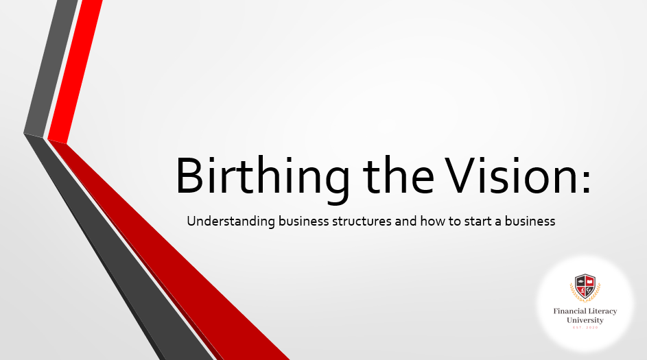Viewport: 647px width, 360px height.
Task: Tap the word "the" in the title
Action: pos(398,176)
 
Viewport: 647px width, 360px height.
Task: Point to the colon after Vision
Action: pos(587,182)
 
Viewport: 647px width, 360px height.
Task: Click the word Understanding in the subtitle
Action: pos(231,221)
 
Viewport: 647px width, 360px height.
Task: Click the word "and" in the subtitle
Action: pos(405,221)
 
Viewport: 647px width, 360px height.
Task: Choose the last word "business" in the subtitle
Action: pos(530,221)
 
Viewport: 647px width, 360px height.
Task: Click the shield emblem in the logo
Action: pos(585,287)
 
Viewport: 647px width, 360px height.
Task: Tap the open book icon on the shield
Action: pos(589,281)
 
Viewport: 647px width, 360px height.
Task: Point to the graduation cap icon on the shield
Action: pos(580,281)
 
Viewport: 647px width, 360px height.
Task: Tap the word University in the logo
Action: pos(585,320)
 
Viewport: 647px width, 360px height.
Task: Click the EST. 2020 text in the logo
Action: pos(585,327)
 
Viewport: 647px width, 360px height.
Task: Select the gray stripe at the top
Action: pos(50,69)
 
